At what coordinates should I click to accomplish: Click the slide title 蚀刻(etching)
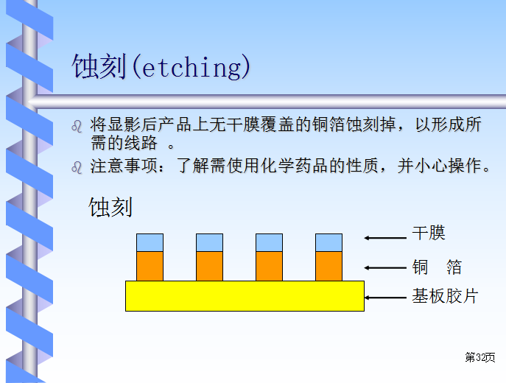point(161,66)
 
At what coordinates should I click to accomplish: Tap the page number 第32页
point(480,357)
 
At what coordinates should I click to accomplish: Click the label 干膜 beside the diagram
point(429,233)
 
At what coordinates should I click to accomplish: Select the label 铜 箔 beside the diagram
point(437,267)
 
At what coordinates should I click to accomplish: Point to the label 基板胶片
point(445,296)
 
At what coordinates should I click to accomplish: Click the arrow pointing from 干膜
point(385,238)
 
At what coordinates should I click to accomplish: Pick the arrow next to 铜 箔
point(385,267)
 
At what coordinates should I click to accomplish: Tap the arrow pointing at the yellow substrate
point(385,298)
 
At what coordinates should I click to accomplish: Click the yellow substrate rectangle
point(245,296)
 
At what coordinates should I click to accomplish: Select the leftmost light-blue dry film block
point(150,242)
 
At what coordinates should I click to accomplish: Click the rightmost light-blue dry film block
point(328,242)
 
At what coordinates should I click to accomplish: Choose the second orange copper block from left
point(209,266)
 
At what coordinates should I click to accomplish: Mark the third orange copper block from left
point(269,266)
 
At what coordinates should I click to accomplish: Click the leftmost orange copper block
point(150,266)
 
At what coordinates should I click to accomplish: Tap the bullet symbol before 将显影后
point(77,126)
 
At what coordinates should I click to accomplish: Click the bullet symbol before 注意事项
point(77,167)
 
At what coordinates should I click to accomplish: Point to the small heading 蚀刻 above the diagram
point(110,207)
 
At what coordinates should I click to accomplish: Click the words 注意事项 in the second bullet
point(124,166)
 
